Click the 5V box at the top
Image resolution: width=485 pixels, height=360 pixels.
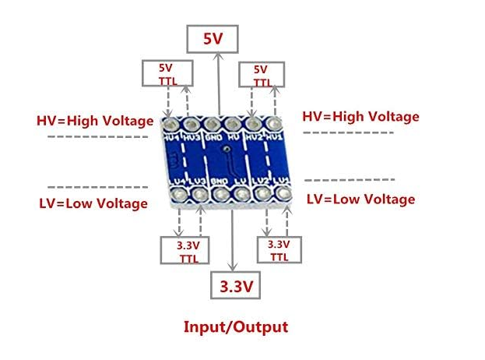[213, 38]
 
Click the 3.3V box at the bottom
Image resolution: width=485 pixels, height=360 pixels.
[234, 286]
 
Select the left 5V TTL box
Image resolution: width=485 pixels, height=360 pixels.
[164, 73]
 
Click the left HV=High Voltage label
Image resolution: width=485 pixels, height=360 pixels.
[94, 121]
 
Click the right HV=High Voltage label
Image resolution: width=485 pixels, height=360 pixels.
[360, 116]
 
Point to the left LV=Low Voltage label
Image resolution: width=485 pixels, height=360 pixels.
[93, 203]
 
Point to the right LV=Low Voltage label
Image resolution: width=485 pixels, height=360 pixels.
[360, 199]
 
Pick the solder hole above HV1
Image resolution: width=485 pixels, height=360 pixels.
[273, 123]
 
